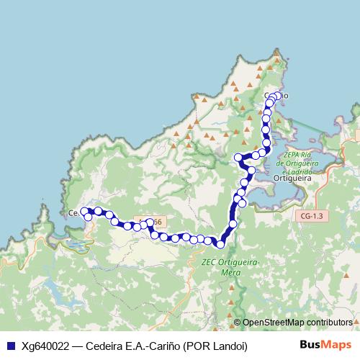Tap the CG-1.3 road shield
(311, 215)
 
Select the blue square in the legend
(9, 346)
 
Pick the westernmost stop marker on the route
(84, 211)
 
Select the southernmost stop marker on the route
(221, 245)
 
